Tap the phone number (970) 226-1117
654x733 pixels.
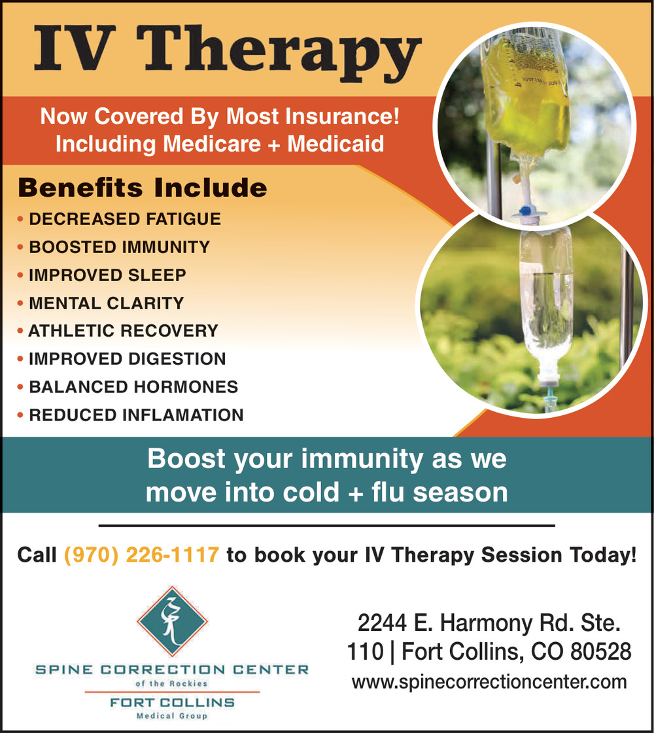[141, 555]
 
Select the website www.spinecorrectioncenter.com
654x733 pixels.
[489, 682]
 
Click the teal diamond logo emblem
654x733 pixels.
[172, 621]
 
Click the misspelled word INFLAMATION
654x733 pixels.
[188, 415]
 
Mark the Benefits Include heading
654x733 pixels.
[142, 188]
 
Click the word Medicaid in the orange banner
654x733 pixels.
[336, 143]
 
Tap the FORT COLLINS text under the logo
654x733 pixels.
[172, 702]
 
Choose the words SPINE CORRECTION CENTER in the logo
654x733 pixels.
[172, 670]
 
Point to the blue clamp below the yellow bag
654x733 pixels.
[526, 211]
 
